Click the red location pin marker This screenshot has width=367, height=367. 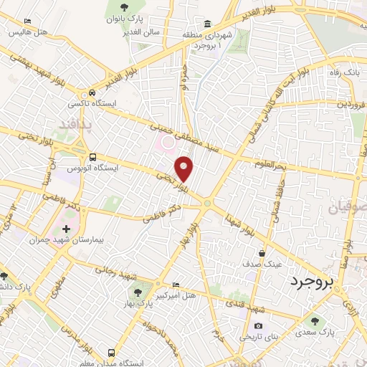click(x=184, y=168)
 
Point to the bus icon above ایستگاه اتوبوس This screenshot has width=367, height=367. click(x=92, y=158)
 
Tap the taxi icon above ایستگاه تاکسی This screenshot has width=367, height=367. click(x=92, y=93)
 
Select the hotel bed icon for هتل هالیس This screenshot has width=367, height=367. click(x=27, y=22)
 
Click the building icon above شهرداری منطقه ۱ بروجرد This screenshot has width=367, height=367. click(x=206, y=23)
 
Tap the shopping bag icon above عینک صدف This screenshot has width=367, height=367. click(x=263, y=253)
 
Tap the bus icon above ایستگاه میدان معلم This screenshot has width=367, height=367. click(x=111, y=353)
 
